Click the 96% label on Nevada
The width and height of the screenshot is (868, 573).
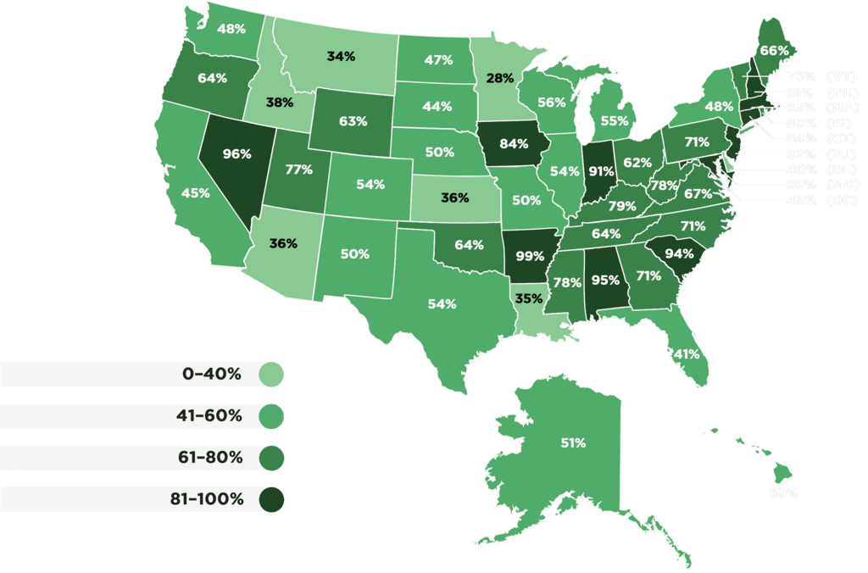click(236, 154)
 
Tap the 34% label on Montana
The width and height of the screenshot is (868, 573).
click(341, 58)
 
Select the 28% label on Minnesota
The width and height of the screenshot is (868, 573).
click(499, 79)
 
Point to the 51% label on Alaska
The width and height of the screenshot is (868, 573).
click(573, 442)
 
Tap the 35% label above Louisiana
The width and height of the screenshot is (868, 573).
click(529, 298)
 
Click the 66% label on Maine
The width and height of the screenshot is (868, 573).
click(773, 50)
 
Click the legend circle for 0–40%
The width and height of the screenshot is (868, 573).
click(271, 374)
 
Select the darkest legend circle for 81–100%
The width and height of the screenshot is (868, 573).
click(271, 499)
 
